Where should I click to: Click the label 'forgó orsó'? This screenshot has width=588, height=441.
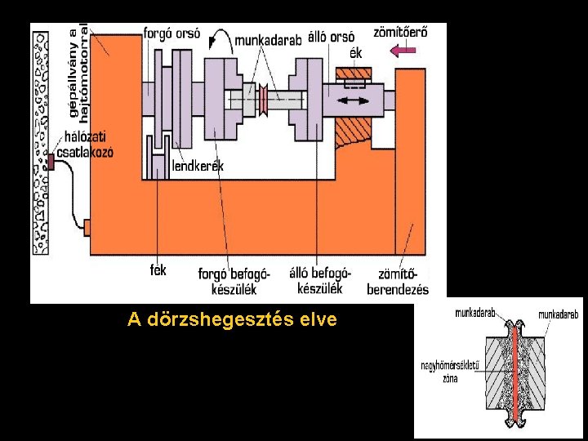[x=171, y=33]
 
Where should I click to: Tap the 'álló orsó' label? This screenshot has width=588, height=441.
[x=331, y=37]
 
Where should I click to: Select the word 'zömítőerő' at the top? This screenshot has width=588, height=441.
[x=399, y=33]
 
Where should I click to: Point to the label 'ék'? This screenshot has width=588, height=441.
[x=355, y=53]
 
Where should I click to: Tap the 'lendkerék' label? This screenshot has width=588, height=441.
[x=198, y=167]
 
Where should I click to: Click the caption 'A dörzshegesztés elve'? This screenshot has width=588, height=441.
[x=232, y=319]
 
